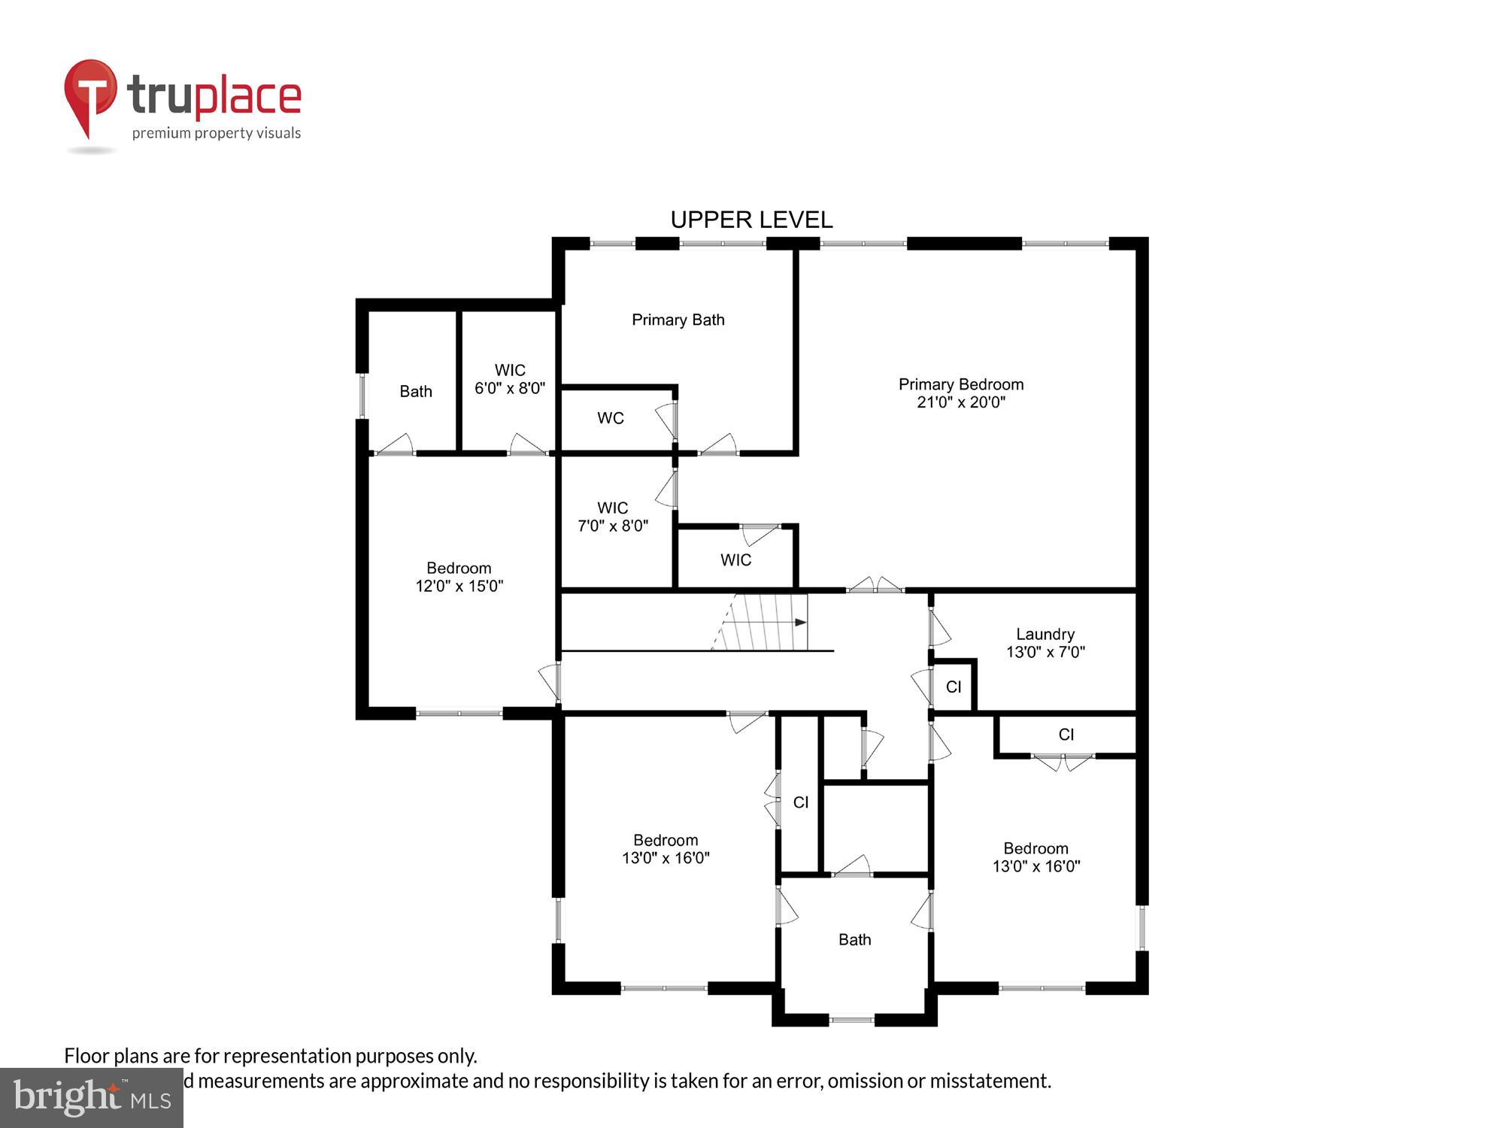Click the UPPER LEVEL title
tap(751, 220)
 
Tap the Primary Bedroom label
tap(960, 384)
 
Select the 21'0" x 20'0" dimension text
tap(960, 402)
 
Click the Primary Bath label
tap(678, 320)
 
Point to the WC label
tap(610, 418)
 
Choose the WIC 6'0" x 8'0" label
tap(509, 379)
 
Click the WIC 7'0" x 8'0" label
tap(612, 517)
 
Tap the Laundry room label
tap(1045, 634)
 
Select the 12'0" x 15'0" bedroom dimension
tap(459, 586)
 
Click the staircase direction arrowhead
tap(801, 623)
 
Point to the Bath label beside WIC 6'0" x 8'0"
tap(415, 391)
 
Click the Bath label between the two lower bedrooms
tap(854, 939)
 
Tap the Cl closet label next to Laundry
tap(953, 687)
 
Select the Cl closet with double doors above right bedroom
tap(1066, 735)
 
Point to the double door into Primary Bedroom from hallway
tap(875, 586)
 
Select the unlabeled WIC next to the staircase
tap(735, 559)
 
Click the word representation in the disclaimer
tap(288, 1056)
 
